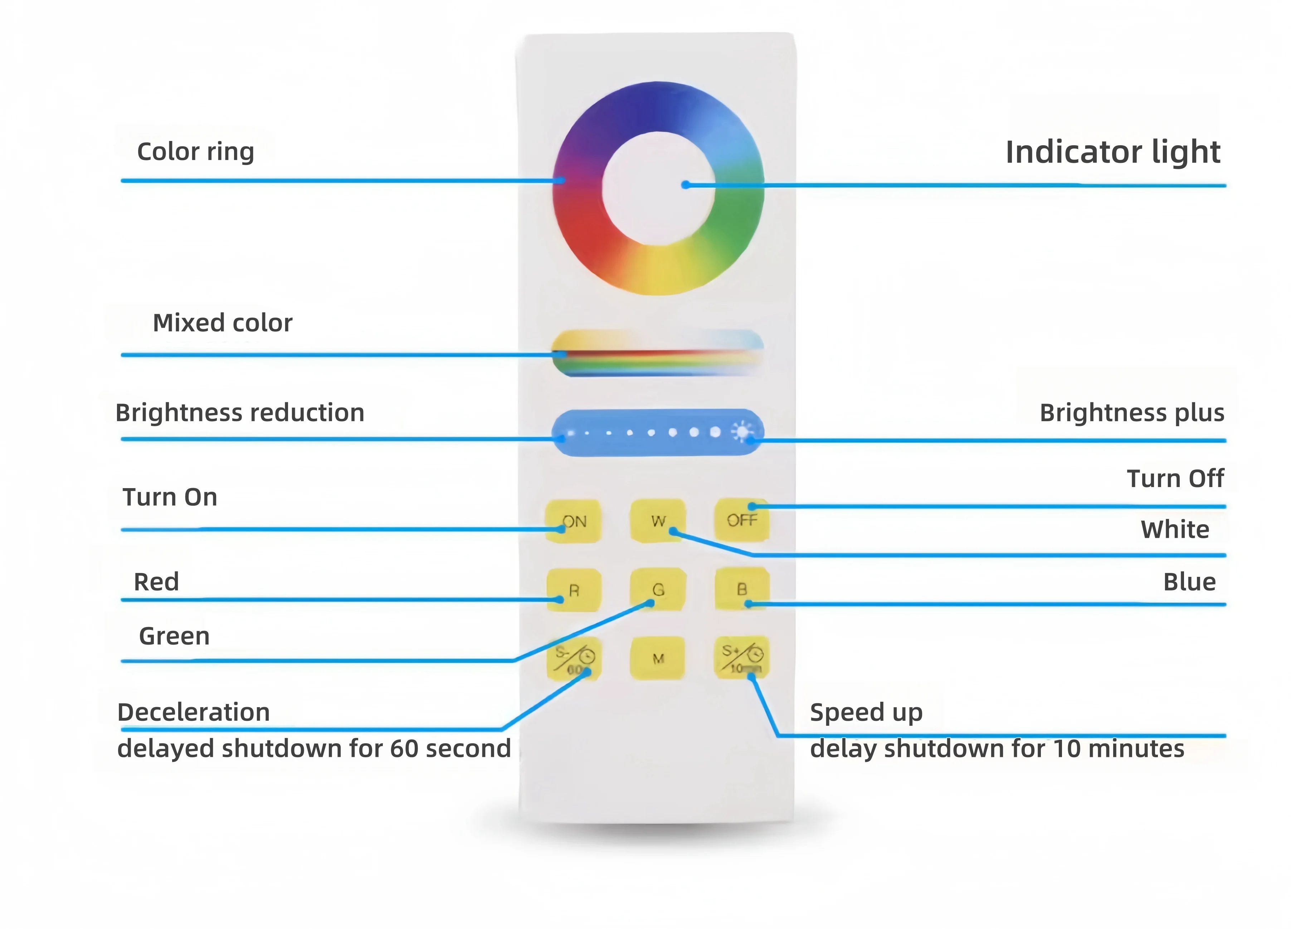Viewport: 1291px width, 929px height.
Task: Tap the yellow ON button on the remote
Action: [x=573, y=521]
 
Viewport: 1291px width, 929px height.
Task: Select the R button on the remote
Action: [x=574, y=590]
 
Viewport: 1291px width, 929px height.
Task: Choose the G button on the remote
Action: [x=658, y=589]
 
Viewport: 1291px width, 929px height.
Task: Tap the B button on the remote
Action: [x=742, y=589]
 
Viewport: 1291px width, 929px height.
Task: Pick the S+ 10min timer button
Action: [x=742, y=658]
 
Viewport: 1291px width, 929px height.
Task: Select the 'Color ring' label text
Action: [x=195, y=152]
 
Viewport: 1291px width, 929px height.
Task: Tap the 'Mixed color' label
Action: [x=223, y=323]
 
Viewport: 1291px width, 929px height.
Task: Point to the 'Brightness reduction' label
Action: [x=240, y=413]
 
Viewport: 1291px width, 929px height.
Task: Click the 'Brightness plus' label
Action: [x=1132, y=413]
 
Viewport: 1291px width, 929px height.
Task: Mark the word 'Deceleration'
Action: [x=194, y=712]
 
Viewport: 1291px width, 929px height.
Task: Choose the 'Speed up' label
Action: [x=866, y=712]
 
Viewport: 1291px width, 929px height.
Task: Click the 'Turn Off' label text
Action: [x=1175, y=479]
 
